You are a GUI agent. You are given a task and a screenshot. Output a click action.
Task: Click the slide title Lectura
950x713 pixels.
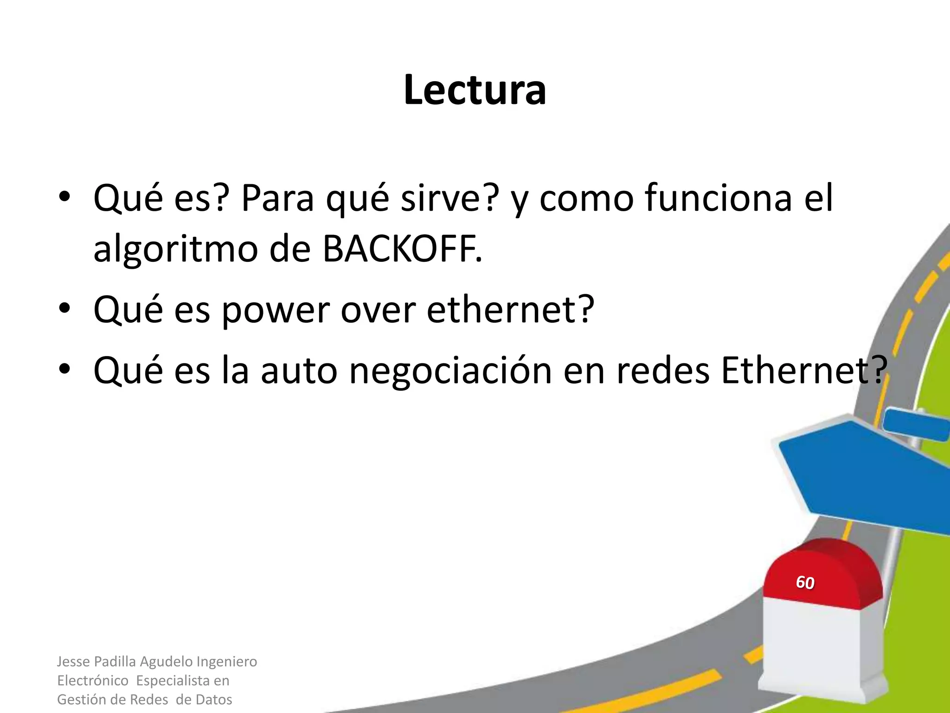pos(475,90)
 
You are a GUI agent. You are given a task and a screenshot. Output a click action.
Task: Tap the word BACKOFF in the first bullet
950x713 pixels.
pos(401,249)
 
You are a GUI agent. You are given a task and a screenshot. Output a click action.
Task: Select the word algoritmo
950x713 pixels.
pos(175,249)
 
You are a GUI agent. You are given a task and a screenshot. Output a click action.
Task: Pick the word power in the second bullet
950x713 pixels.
pos(276,310)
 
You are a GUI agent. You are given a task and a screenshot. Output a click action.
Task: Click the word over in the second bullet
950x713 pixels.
pos(378,310)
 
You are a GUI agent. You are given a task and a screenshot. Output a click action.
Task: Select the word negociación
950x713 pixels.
pos(450,371)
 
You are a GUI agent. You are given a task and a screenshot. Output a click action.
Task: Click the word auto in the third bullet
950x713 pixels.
pos(299,371)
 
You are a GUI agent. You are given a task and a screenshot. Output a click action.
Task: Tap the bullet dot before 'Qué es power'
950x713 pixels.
pos(64,308)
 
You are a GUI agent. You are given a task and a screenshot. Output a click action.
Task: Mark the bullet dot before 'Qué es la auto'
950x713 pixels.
pos(64,369)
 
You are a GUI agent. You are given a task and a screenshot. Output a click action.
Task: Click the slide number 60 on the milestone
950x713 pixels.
pos(805,582)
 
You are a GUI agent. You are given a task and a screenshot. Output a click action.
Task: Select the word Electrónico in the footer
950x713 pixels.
pos(93,681)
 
